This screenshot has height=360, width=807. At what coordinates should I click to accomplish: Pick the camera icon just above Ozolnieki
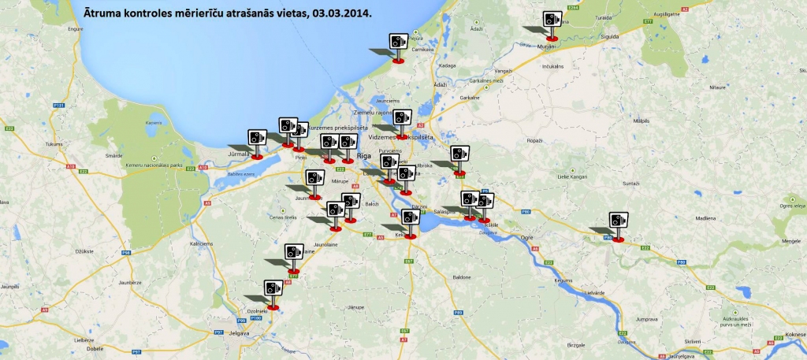click(x=273, y=291)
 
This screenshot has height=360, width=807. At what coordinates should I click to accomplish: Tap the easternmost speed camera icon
click(x=619, y=222)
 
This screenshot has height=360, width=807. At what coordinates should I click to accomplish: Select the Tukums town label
click(x=54, y=145)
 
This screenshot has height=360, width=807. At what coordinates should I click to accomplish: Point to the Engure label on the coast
click(x=76, y=29)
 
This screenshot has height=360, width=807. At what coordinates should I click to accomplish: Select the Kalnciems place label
click(x=202, y=244)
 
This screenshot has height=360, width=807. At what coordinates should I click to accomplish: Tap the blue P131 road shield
click(x=58, y=106)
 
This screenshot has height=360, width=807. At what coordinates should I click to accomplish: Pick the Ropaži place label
click(x=534, y=140)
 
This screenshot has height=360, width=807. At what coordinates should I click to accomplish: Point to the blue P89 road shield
click(x=458, y=314)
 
